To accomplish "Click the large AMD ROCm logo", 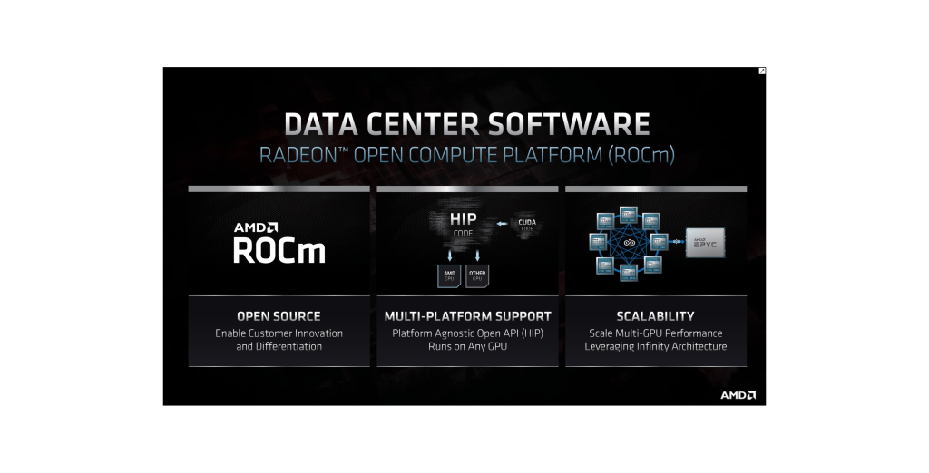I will (279, 243).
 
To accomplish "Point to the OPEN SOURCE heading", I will (279, 316).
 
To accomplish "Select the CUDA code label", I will (526, 224).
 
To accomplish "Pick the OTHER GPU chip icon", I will (477, 275).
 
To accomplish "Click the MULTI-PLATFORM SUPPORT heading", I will (467, 316).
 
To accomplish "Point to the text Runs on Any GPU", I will (466, 346).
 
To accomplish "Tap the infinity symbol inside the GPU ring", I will (628, 242).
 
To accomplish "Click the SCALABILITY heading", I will (655, 316).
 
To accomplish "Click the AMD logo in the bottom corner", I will (738, 395).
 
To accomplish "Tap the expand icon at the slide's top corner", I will (762, 71).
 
